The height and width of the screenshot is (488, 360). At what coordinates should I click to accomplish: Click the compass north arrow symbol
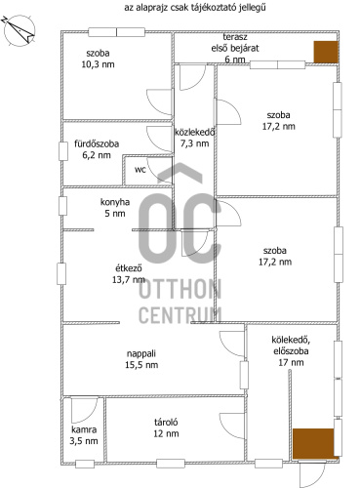tap(19, 30)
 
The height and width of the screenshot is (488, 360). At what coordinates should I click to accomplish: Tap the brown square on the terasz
tap(326, 52)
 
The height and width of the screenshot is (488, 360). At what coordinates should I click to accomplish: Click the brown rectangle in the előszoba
tap(313, 443)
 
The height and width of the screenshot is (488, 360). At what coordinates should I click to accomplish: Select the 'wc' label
tap(140, 170)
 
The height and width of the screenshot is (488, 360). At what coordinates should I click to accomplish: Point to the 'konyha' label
tap(115, 202)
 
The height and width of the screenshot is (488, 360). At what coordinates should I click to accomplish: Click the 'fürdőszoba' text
tap(97, 143)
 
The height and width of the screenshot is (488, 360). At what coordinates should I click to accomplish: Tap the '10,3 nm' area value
tap(98, 64)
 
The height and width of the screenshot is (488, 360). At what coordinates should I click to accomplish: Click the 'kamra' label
tap(84, 429)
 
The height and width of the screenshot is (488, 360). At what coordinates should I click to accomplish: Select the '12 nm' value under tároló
tap(166, 433)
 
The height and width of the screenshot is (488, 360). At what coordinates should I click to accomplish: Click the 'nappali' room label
tap(141, 353)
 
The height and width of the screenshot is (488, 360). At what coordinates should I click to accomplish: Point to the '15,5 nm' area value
tap(141, 365)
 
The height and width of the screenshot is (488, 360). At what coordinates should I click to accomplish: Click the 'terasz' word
tap(235, 37)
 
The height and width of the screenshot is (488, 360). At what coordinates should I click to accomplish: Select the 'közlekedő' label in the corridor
tap(195, 132)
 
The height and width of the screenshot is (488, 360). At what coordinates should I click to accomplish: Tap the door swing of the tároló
tap(232, 426)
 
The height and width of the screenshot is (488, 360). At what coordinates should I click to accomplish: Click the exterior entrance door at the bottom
tap(312, 473)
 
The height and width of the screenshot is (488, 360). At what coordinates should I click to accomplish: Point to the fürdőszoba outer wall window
tap(63, 151)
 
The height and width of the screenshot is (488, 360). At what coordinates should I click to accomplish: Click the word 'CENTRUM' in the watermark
tap(180, 315)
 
